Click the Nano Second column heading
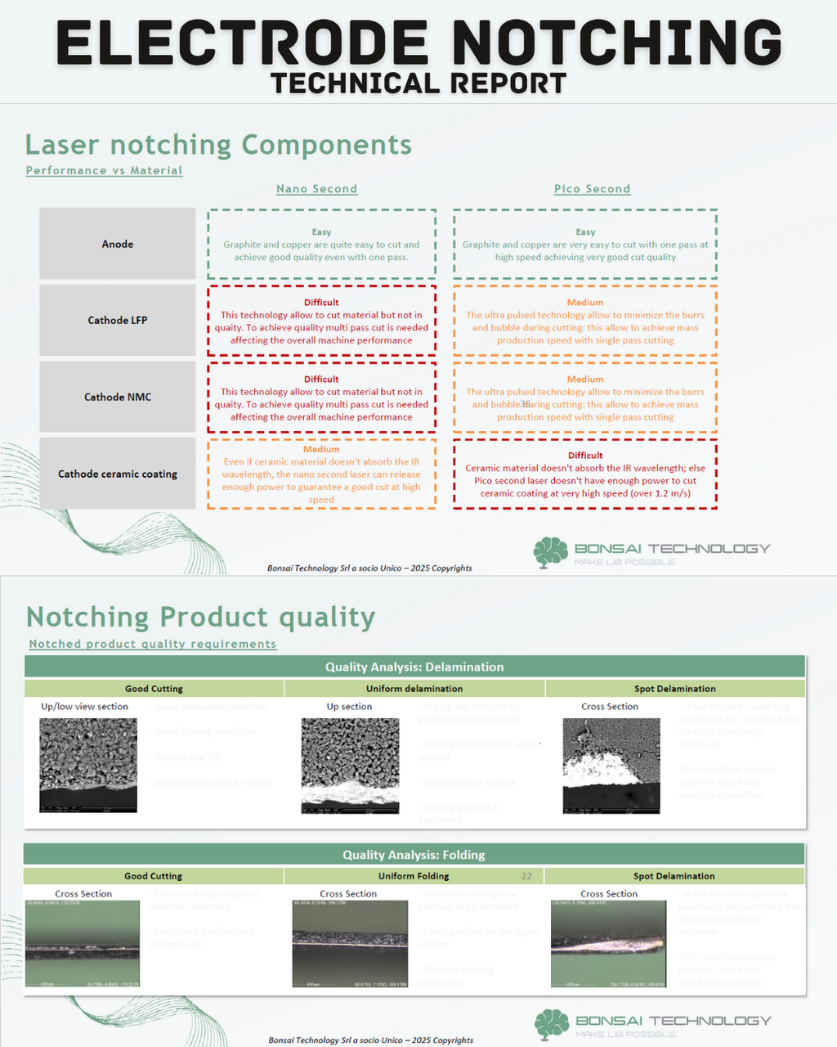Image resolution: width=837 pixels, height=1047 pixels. (316, 189)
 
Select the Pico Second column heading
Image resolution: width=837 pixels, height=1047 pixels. (592, 189)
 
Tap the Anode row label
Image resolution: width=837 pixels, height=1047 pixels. (118, 244)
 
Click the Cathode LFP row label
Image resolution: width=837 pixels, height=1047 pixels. (118, 320)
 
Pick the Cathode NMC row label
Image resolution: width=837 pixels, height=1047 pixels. (118, 397)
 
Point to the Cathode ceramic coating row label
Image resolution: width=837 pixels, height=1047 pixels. (118, 474)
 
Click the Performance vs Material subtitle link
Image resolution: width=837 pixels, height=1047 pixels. (104, 170)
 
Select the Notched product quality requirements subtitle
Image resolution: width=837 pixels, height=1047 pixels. (153, 644)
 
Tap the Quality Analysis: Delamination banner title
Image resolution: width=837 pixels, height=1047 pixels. (414, 667)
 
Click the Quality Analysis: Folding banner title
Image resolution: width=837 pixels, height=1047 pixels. (414, 855)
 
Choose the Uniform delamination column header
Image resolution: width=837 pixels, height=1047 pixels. (414, 689)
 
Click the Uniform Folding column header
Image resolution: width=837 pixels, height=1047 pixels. (414, 876)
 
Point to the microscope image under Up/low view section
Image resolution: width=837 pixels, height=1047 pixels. (88, 765)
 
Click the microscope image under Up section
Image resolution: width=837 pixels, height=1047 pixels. (350, 766)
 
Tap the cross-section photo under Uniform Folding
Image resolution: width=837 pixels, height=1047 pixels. (350, 943)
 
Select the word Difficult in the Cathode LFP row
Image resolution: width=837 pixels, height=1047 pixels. (321, 302)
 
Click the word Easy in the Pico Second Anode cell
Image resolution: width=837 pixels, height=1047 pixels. (585, 232)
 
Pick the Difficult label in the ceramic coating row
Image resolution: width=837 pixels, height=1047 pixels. (585, 456)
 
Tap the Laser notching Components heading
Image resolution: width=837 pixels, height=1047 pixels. (218, 145)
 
